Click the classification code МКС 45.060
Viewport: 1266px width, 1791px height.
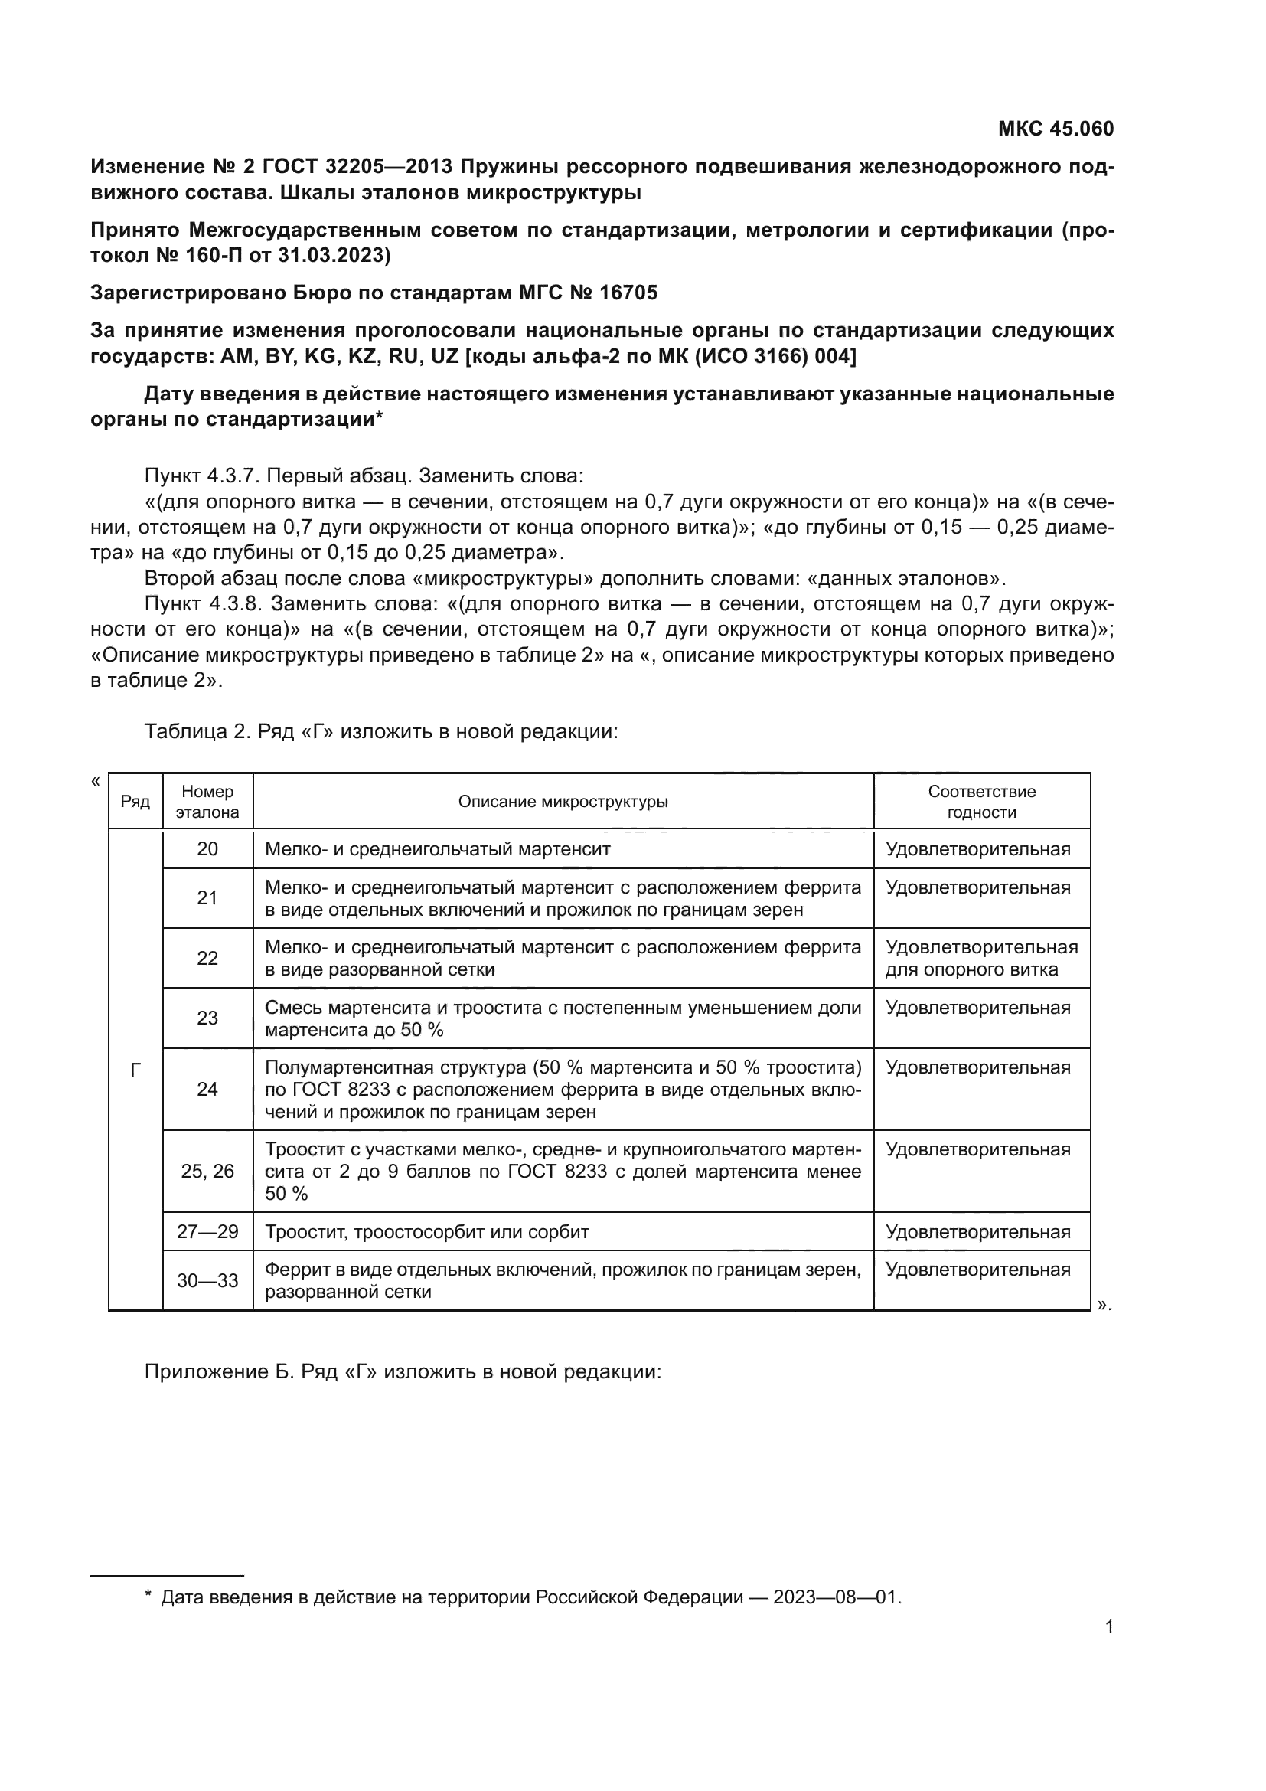pyautogui.click(x=1056, y=129)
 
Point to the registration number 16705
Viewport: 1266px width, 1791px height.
pyautogui.click(x=628, y=293)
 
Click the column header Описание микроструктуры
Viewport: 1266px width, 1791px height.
pyautogui.click(x=563, y=802)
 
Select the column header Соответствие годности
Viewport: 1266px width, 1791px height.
pyautogui.click(x=980, y=802)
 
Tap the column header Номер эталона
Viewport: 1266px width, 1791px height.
pyautogui.click(x=207, y=802)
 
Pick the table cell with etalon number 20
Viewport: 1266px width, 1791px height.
pyautogui.click(x=207, y=848)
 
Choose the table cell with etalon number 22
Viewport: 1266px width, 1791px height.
pyautogui.click(x=207, y=958)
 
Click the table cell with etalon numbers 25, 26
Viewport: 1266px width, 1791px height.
pyautogui.click(x=207, y=1171)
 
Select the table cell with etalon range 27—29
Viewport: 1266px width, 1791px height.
pyautogui.click(x=207, y=1232)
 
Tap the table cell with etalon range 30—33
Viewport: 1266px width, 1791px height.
pyautogui.click(x=207, y=1280)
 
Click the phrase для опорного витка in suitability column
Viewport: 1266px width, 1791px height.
pyautogui.click(x=971, y=969)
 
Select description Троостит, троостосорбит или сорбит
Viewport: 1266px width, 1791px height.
pyautogui.click(x=427, y=1232)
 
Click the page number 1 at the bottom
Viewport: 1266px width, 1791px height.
pyautogui.click(x=1109, y=1627)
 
